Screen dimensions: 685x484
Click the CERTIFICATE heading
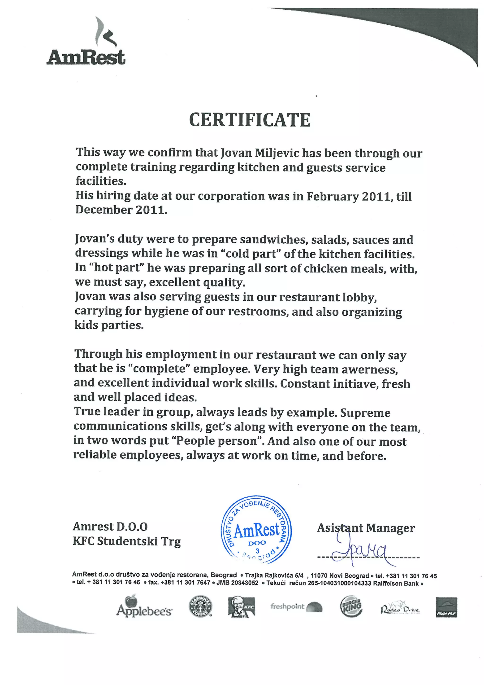click(x=250, y=120)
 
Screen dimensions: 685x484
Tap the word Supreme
click(x=365, y=413)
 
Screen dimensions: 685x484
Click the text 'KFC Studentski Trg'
click(x=127, y=541)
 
